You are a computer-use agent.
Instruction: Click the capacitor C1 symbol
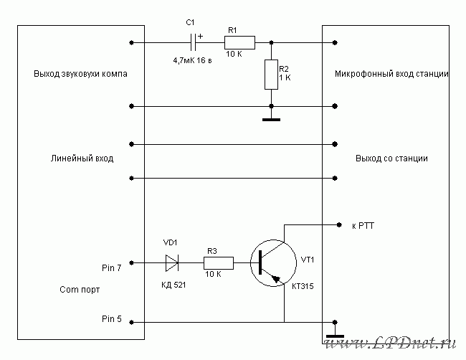(x=193, y=42)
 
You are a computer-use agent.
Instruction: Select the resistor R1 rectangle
(x=239, y=42)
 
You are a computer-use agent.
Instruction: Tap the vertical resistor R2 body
(x=271, y=75)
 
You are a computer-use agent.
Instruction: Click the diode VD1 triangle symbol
(x=172, y=262)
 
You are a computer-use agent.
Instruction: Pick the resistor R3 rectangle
(x=219, y=262)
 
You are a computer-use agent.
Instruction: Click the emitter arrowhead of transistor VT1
(x=277, y=278)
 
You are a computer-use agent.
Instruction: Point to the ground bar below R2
(x=271, y=120)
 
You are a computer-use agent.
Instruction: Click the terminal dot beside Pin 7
(x=131, y=262)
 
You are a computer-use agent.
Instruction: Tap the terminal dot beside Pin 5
(x=131, y=322)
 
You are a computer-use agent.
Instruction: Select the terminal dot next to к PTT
(x=339, y=224)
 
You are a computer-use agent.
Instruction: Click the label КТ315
(x=303, y=286)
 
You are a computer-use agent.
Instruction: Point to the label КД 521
(x=173, y=285)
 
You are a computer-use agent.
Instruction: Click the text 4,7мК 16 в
(x=193, y=61)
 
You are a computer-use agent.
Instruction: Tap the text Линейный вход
(x=82, y=158)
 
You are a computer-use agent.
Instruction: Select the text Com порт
(x=80, y=290)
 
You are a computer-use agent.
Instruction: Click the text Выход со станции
(x=391, y=158)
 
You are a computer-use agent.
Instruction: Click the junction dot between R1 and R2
(x=271, y=42)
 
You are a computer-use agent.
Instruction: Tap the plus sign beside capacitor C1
(x=201, y=37)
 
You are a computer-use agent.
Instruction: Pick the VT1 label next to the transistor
(x=308, y=260)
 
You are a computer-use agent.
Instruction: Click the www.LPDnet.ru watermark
(x=390, y=343)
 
